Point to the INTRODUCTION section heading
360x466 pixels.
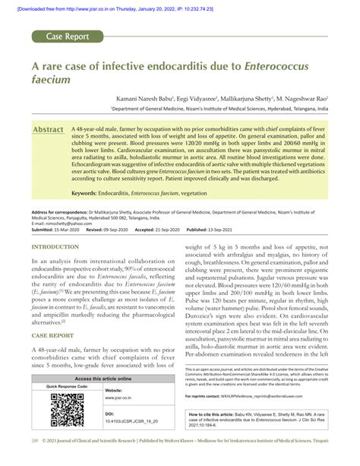tap(57, 247)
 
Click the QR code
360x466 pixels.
tap(60, 425)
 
